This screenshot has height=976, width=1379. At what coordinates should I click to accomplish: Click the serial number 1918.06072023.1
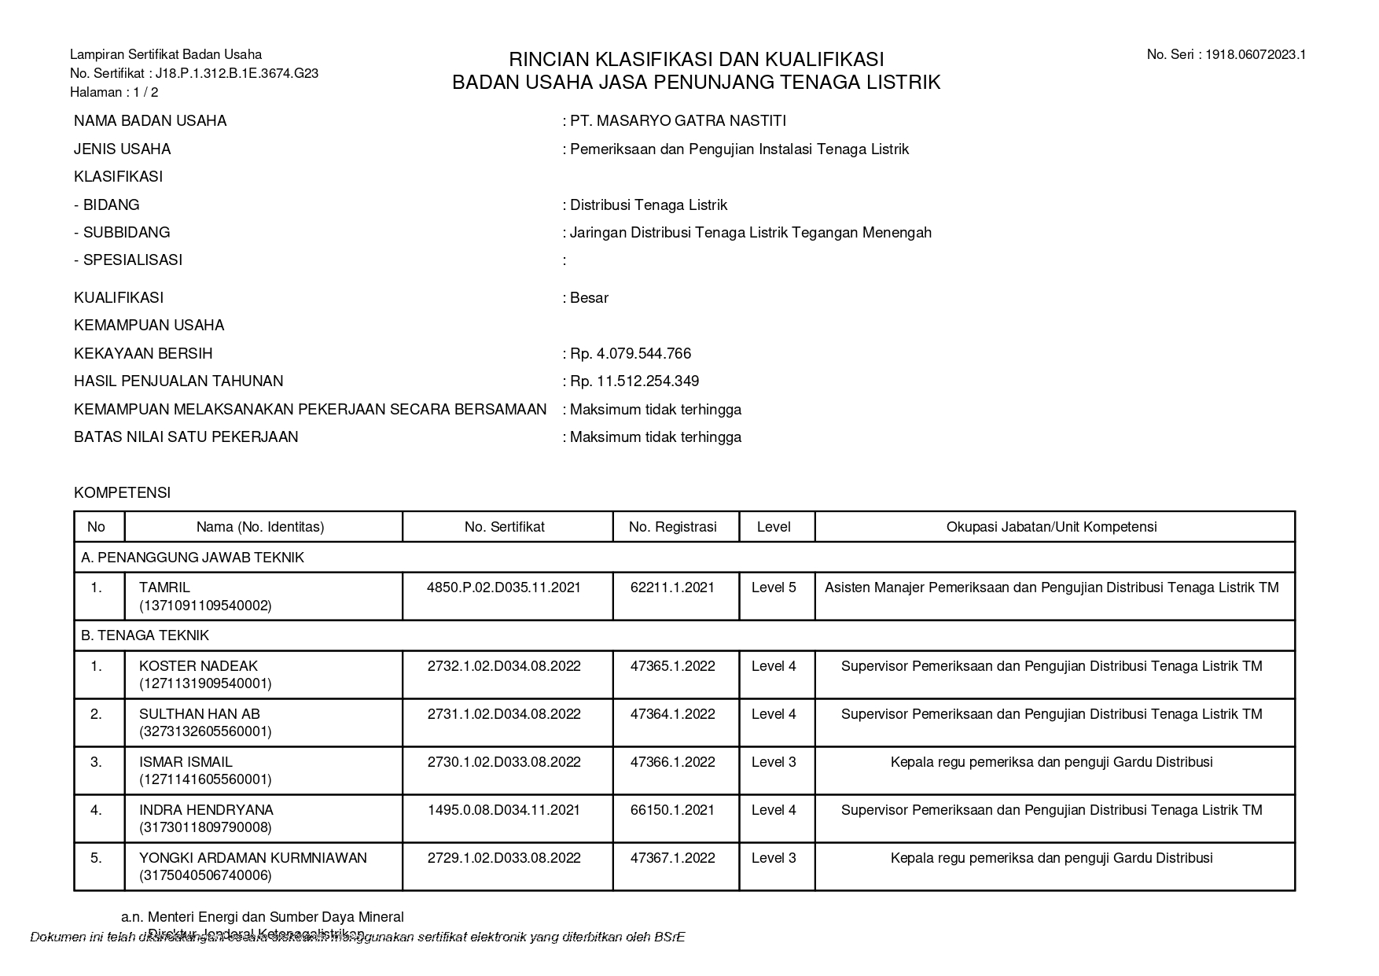tap(1256, 54)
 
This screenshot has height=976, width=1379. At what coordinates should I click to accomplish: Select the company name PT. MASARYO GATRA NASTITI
tap(678, 121)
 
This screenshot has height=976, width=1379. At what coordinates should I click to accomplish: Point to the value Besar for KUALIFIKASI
tap(589, 298)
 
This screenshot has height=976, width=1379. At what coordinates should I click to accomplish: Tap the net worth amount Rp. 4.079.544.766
tap(630, 354)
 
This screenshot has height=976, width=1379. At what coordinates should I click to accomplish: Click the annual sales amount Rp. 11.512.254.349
tap(634, 381)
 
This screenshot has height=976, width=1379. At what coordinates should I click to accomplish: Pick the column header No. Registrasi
tap(672, 527)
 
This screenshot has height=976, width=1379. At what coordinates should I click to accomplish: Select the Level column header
tap(774, 527)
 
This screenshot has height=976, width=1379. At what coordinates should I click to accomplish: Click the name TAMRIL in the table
tap(164, 587)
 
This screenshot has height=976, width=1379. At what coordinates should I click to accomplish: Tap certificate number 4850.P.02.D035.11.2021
tap(504, 587)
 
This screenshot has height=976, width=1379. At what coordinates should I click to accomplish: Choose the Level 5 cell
tap(774, 587)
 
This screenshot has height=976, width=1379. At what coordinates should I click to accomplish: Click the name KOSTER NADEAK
tap(198, 666)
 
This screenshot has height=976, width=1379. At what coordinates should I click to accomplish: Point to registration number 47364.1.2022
tap(672, 714)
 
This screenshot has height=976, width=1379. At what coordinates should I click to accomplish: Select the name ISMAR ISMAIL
tap(186, 762)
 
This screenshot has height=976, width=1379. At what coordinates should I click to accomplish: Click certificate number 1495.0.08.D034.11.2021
tap(504, 810)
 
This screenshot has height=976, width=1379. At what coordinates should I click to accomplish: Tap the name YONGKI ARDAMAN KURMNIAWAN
tap(252, 858)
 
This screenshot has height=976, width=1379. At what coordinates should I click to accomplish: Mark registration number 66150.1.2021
tap(672, 810)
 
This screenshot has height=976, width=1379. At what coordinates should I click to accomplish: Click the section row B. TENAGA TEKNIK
tap(145, 635)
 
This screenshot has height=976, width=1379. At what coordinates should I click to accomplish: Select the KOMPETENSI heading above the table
tap(122, 493)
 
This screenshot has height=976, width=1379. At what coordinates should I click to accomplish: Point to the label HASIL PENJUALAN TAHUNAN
tap(178, 381)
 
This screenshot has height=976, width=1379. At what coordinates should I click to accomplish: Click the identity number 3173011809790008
tap(205, 827)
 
